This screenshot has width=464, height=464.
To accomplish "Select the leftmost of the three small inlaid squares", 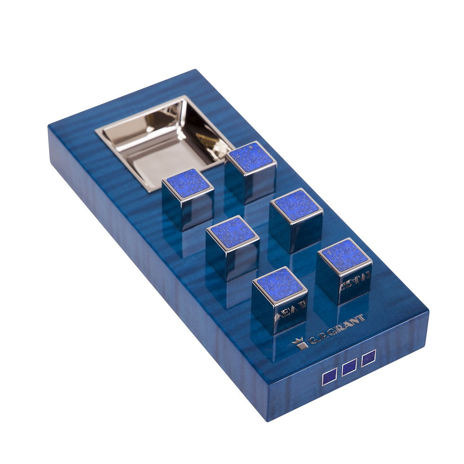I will click(x=329, y=379).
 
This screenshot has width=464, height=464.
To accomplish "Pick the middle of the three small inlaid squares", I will click(x=349, y=367).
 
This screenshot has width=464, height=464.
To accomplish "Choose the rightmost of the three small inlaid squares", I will click(x=368, y=357).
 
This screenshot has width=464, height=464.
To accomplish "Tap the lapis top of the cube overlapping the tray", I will click(x=251, y=157).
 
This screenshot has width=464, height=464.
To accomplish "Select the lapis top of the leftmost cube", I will click(x=188, y=183).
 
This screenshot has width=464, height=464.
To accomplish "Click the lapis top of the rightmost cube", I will click(x=344, y=255).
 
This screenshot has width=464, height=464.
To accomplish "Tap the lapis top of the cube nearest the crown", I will click(x=279, y=284).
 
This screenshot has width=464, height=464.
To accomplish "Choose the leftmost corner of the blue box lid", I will click(x=48, y=126).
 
